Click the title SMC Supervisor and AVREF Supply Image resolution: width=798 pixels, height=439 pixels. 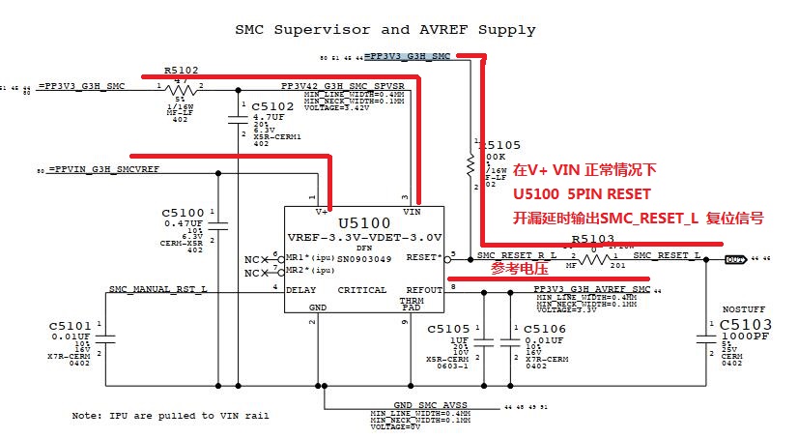point(385,30)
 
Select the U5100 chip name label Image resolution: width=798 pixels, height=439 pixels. point(363,222)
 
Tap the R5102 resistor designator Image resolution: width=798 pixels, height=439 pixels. point(182,70)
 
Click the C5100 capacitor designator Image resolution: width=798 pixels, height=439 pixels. point(184,212)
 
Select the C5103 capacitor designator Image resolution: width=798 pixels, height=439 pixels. point(751,325)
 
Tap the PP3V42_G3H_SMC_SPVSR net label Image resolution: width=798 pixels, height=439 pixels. point(342,86)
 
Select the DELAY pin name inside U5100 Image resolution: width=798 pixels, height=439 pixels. point(305,289)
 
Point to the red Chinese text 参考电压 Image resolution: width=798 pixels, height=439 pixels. point(519,268)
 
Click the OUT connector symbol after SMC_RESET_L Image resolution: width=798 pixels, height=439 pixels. point(735,258)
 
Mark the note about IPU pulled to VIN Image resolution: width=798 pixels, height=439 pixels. point(170,415)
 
